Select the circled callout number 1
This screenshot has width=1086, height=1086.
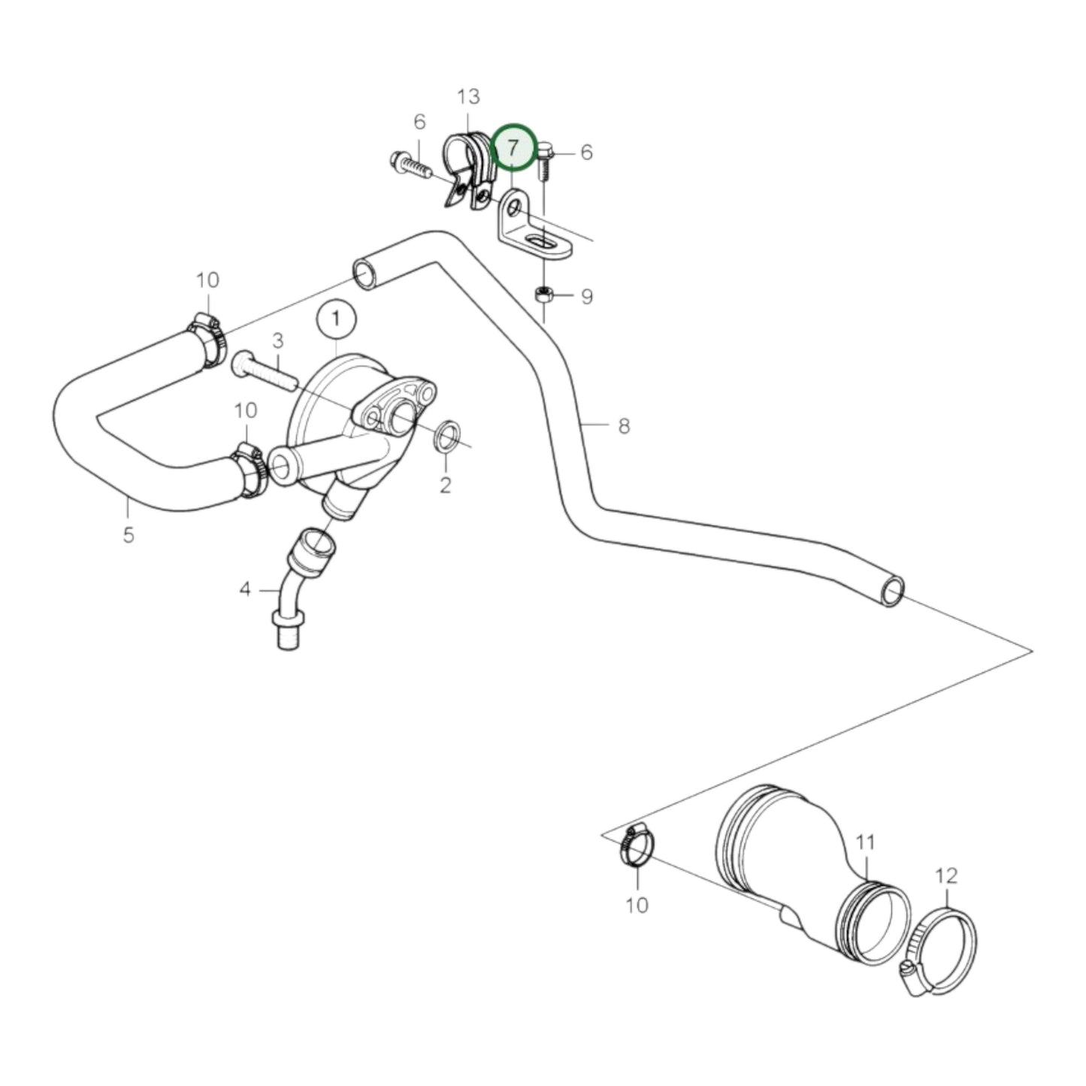coord(336,319)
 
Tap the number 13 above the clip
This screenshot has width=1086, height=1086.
coord(467,97)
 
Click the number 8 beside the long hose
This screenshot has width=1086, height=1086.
coord(623,426)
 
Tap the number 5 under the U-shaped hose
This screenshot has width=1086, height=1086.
coord(129,535)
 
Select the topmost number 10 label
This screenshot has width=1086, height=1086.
coord(207,280)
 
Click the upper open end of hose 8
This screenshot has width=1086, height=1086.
coord(365,273)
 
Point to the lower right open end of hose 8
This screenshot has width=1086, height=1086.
coord(891,591)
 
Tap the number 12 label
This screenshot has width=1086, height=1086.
coord(947,876)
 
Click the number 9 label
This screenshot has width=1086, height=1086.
coord(586,297)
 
